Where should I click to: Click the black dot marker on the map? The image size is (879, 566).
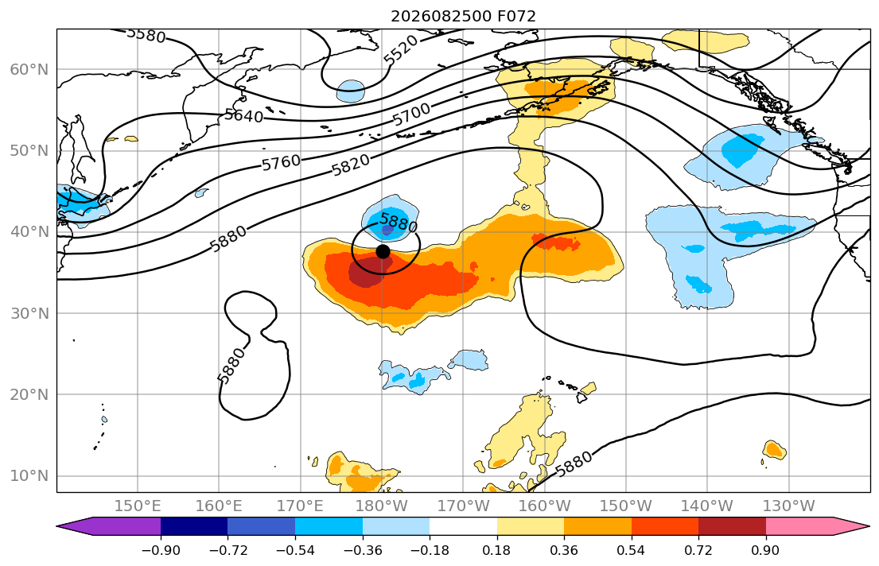[383, 252]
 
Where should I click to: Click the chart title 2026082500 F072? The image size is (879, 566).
[463, 16]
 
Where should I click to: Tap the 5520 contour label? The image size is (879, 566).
[401, 49]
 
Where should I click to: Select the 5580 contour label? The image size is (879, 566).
[146, 35]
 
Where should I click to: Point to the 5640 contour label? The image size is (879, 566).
[244, 115]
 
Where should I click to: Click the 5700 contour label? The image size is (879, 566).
[411, 115]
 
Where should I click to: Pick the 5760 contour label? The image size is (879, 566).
[282, 163]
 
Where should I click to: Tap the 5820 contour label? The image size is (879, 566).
[351, 165]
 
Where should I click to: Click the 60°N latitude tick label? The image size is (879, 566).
[29, 69]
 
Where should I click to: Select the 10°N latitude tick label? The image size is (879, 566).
[29, 476]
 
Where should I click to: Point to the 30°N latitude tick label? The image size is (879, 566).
[29, 313]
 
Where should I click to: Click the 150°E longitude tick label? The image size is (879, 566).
[138, 506]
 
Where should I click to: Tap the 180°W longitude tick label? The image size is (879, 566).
[382, 506]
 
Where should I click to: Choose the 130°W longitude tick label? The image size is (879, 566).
[789, 506]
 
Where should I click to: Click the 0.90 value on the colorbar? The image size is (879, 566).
[765, 550]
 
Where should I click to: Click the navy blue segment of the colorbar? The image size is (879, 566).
[194, 526]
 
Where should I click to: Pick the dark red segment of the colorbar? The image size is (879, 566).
[732, 526]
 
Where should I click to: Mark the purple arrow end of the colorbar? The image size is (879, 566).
[109, 526]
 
